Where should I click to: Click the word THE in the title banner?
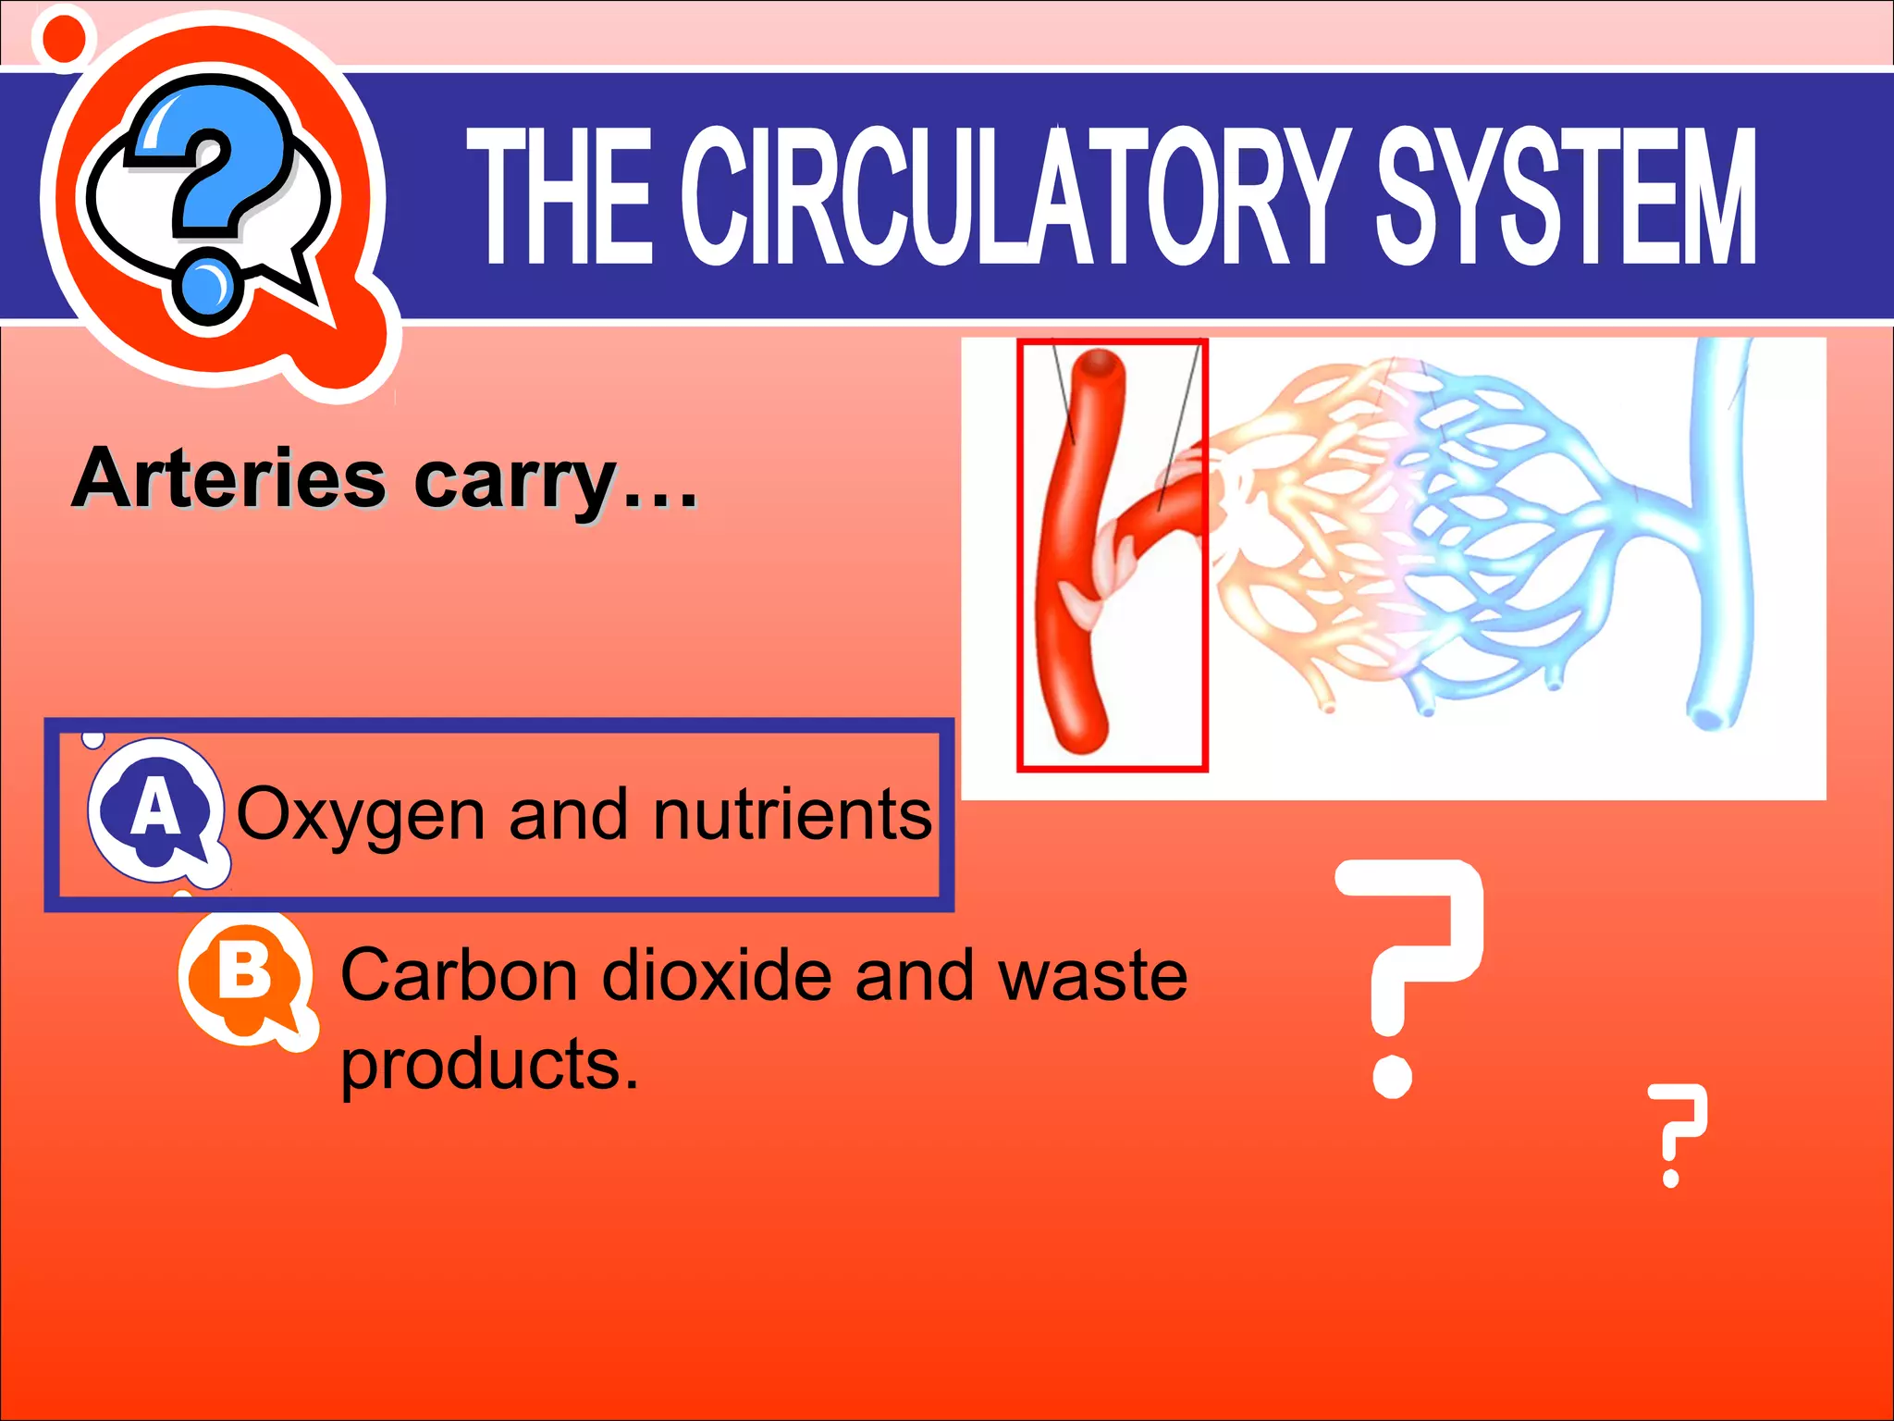pos(560,196)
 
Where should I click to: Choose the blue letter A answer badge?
pos(155,809)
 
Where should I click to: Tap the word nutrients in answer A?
pos(793,814)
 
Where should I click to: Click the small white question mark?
pos(1675,1133)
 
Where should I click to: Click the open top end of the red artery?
pos(1098,362)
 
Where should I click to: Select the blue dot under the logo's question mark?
pos(209,286)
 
